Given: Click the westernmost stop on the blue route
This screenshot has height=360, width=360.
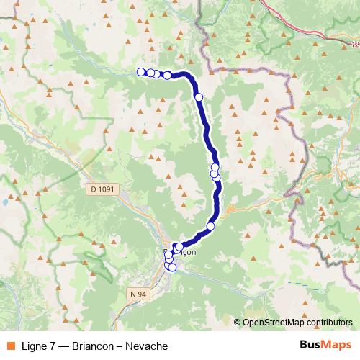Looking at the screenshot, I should click(141, 71).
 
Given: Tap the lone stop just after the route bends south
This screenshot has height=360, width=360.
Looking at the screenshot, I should click(199, 96).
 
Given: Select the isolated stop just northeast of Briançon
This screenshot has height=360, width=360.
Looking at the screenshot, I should click(210, 226).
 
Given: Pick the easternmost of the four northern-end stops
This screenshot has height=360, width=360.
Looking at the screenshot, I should click(167, 75).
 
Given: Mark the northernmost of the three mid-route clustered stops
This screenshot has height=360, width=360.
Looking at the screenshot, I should click(215, 167).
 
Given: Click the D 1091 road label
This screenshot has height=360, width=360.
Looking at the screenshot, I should click(103, 189).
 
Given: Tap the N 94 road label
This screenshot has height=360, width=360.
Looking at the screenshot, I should click(138, 294).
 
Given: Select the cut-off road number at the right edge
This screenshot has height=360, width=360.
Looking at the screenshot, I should click(356, 45).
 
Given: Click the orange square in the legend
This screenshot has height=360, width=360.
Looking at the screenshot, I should click(10, 346).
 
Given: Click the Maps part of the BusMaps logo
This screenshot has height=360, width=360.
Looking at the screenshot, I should click(337, 346).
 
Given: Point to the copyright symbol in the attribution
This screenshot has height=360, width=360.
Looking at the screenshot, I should click(238, 323).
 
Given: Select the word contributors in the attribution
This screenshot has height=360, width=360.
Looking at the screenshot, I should click(327, 323).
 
